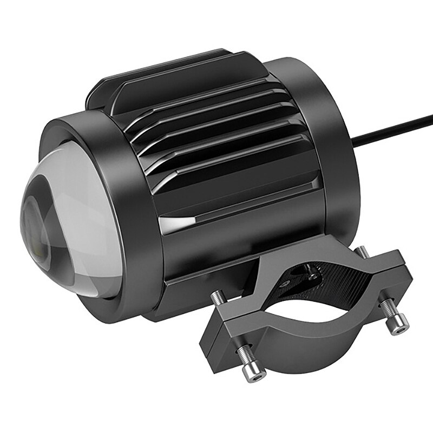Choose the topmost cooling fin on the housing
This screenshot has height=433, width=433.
[179, 70]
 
